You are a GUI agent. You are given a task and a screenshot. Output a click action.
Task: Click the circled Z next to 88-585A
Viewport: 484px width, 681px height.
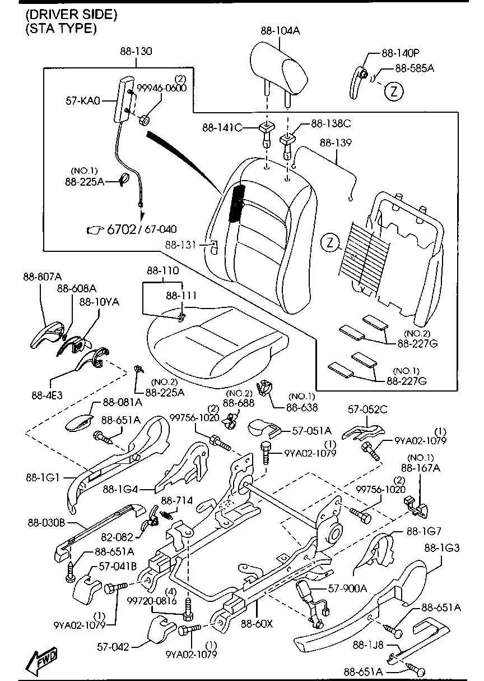394,91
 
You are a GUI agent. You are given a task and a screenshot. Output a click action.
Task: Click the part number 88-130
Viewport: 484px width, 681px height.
136,51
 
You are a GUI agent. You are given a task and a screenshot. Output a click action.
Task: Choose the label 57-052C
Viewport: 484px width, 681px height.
367,409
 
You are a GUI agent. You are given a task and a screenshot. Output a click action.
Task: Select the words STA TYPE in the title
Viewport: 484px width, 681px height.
61,29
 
